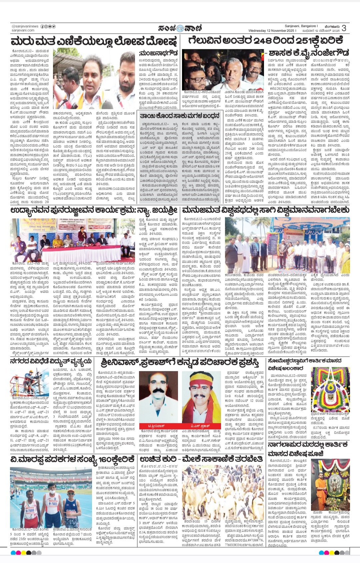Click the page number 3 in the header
click(344, 28)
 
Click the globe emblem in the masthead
click(180, 28)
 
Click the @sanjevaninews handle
click(25, 26)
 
